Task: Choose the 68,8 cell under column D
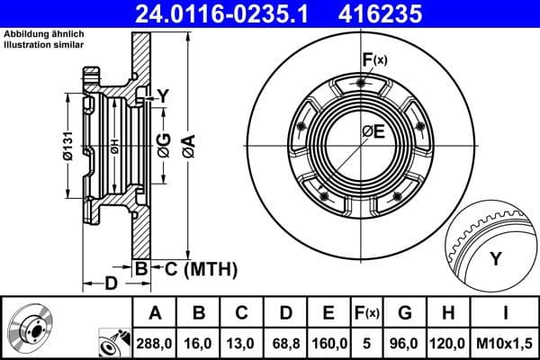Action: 286,343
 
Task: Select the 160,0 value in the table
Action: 328,343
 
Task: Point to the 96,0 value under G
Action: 406,343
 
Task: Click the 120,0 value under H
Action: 448,343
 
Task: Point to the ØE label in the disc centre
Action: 373,131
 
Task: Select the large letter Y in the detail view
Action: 494,259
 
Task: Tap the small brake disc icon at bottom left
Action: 33,328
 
